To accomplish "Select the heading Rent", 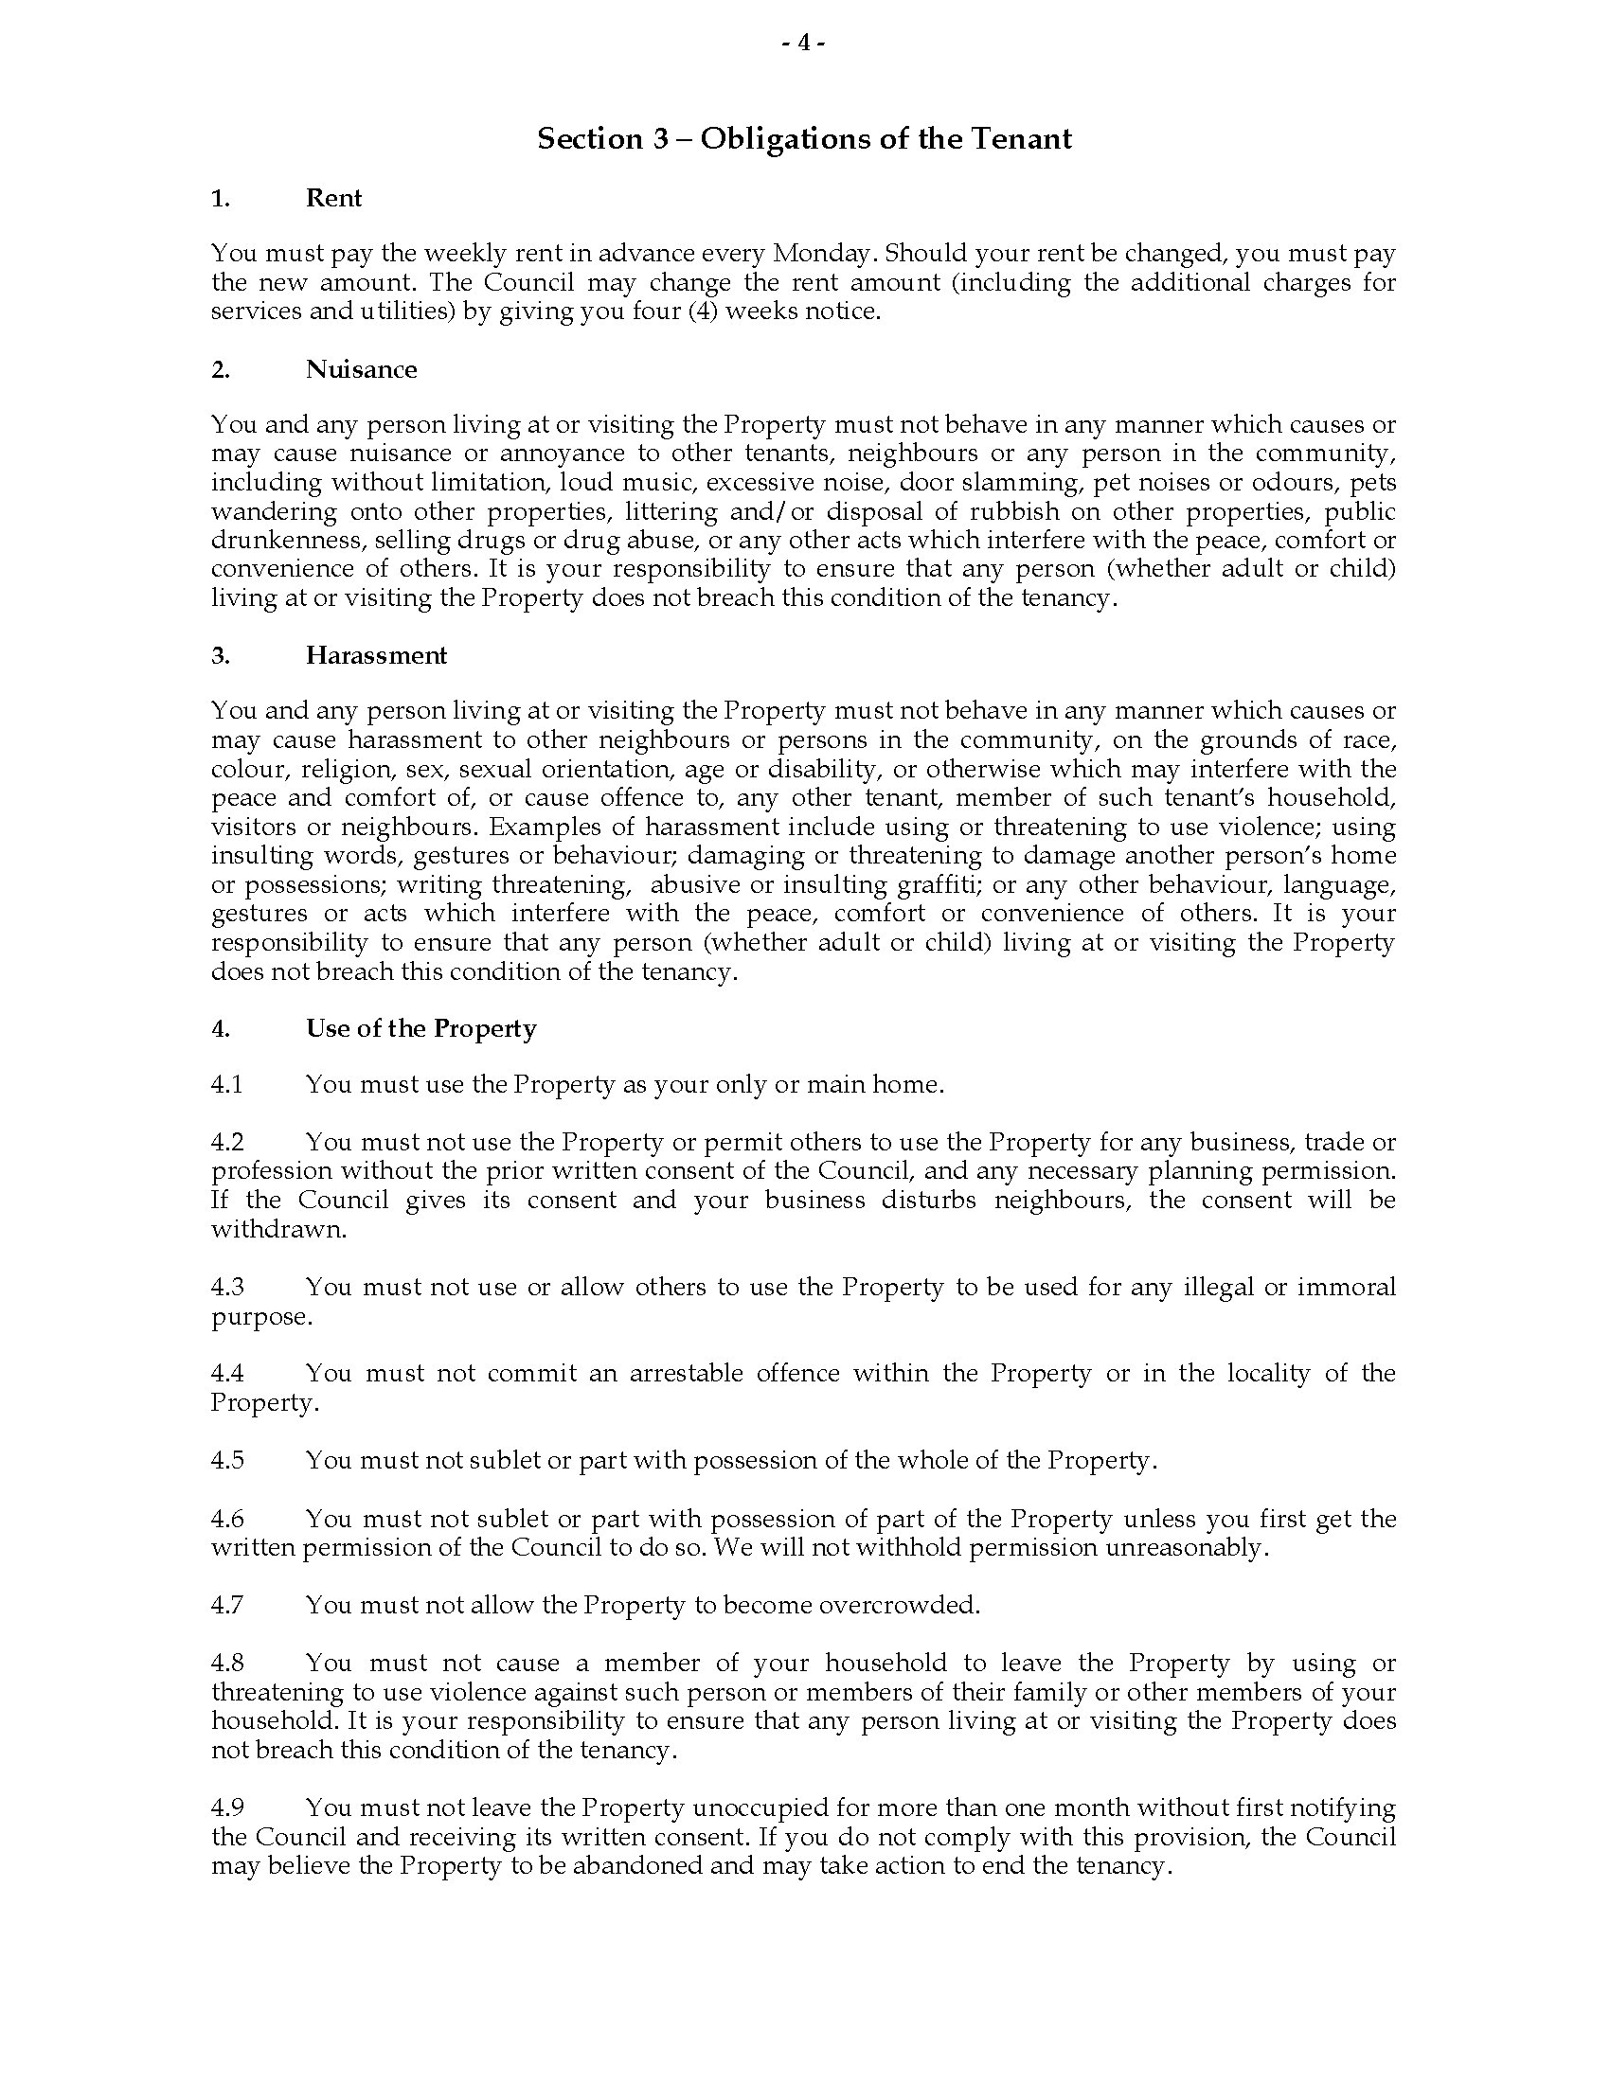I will (332, 199).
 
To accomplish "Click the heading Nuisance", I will (361, 370).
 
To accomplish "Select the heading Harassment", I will (376, 656).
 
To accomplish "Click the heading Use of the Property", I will (420, 1029).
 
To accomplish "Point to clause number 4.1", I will (227, 1085).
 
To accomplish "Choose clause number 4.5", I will (227, 1461).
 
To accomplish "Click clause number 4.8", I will (227, 1665).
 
